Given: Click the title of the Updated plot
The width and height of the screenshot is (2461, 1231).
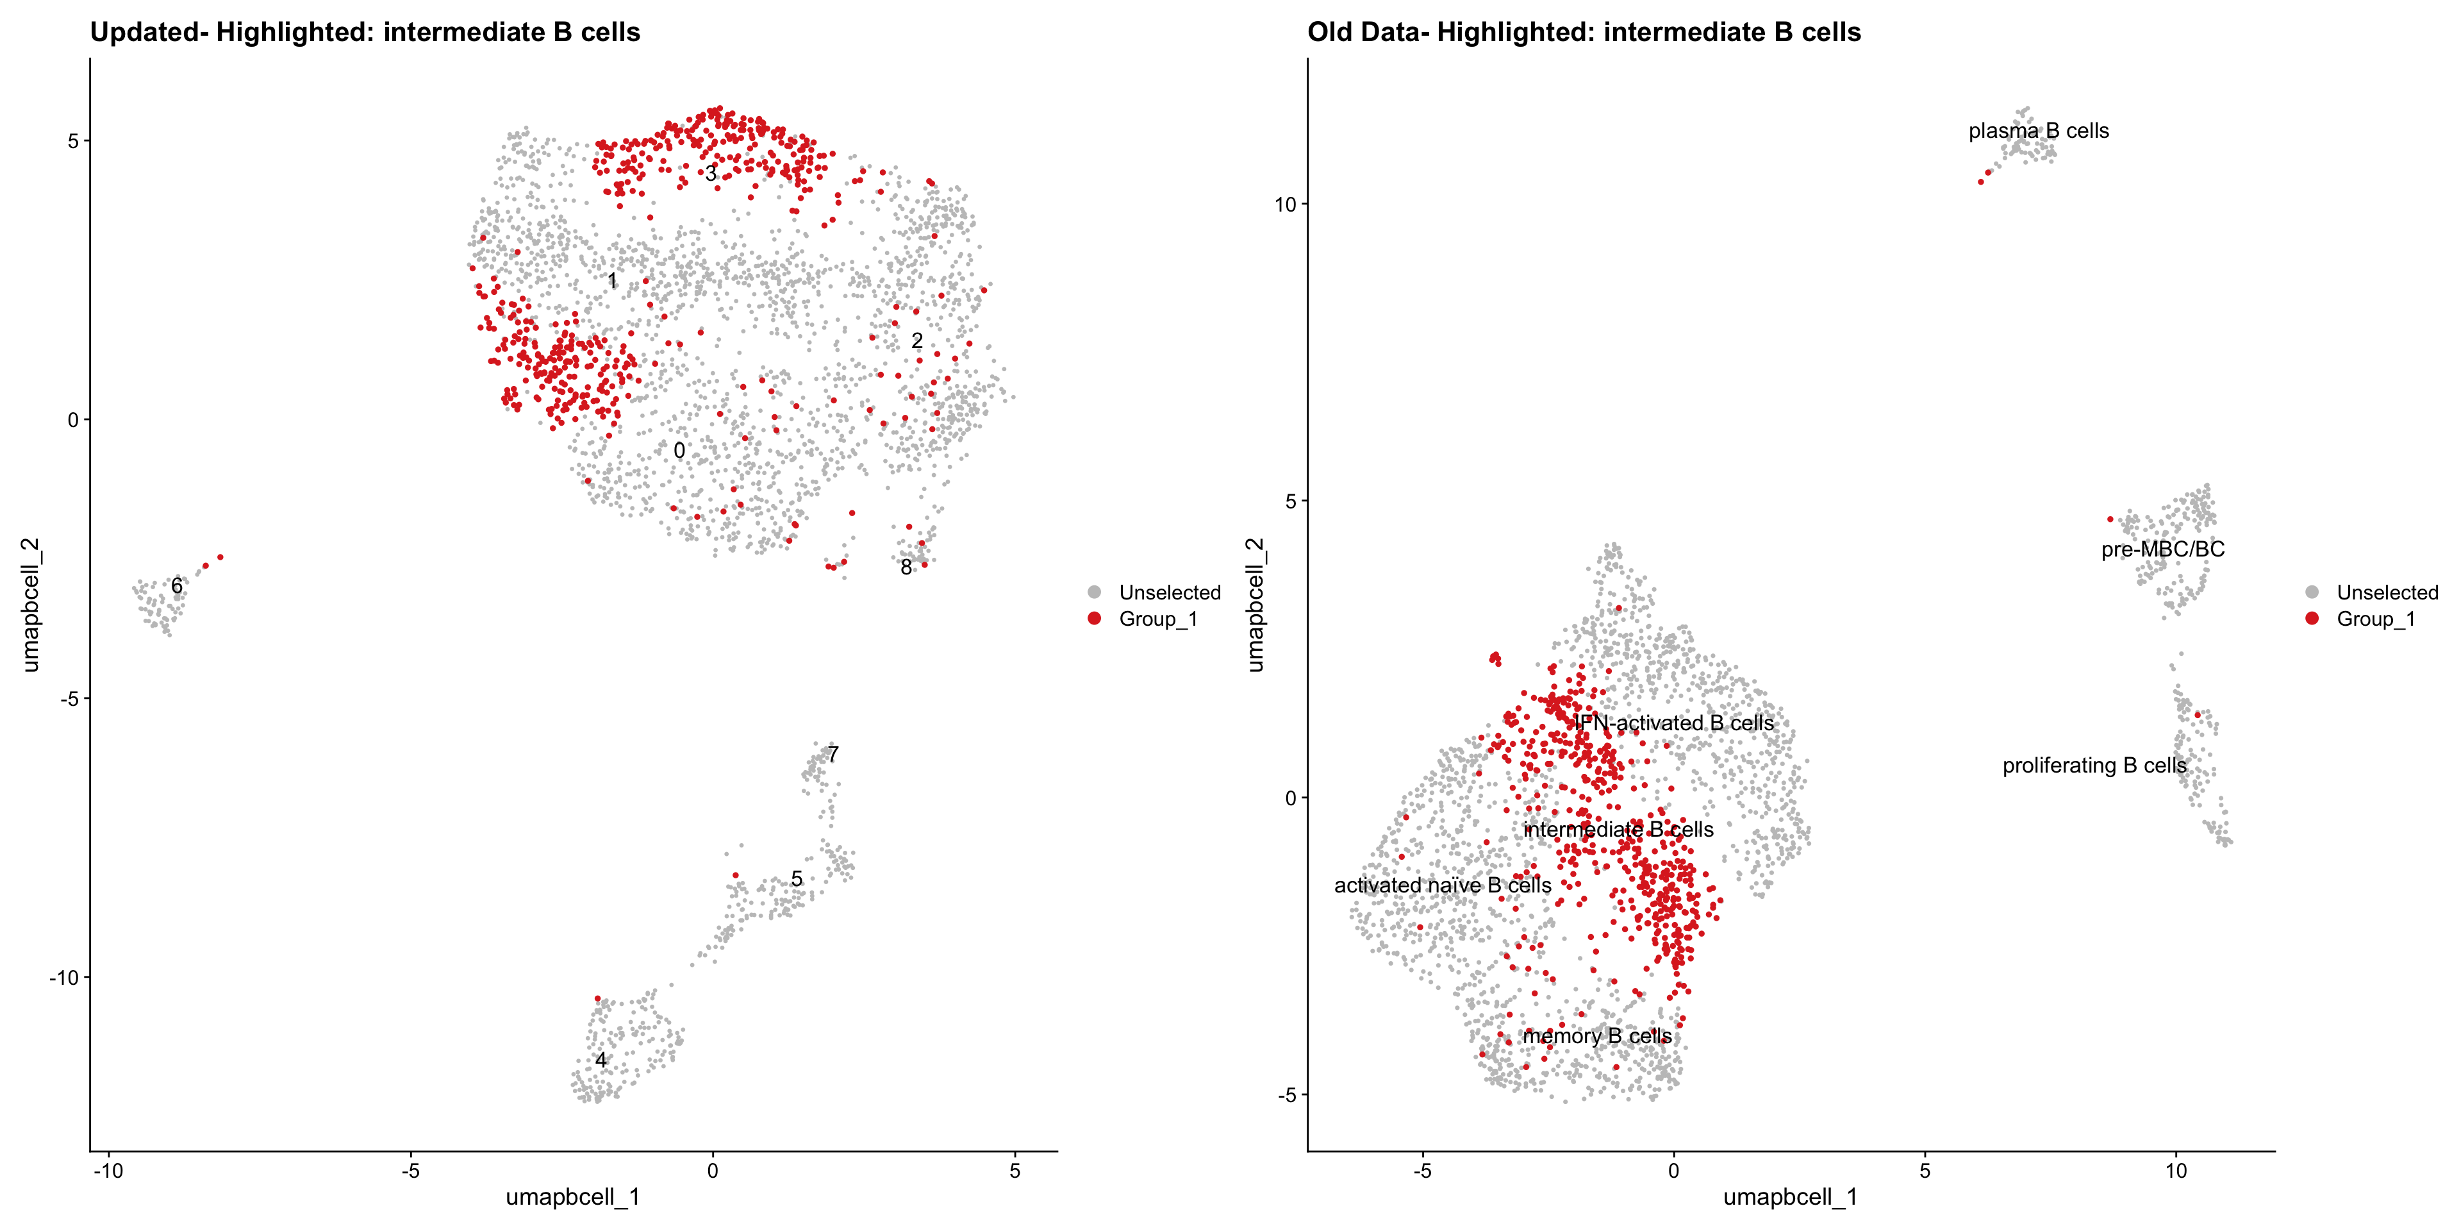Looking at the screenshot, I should point(365,33).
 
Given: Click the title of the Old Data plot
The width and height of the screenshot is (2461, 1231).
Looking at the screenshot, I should point(1584,33).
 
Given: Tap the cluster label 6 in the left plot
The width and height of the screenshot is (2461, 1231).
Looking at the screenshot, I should point(177,586).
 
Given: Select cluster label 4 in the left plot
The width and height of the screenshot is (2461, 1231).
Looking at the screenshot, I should point(601,1060).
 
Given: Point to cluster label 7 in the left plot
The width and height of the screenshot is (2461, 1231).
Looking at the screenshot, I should point(833,755).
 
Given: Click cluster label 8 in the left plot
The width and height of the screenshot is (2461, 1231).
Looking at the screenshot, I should point(906,567).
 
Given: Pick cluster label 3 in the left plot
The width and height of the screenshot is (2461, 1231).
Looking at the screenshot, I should point(711,174).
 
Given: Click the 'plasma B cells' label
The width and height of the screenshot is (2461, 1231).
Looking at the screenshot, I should point(2039,131).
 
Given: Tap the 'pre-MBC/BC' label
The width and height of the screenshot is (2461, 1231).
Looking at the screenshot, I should point(2163,549).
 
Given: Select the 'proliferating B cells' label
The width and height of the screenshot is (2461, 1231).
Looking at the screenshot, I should point(2094,766).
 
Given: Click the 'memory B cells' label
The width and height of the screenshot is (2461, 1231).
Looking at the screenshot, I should point(1597,1036).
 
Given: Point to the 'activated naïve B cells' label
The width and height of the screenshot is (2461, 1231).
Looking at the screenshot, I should point(1443,886).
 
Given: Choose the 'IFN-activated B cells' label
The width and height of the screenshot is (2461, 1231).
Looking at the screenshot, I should point(1674,723).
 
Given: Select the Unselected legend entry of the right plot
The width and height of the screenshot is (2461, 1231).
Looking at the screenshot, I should point(2387,592).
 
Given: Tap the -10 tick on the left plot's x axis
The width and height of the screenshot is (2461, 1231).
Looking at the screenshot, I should point(108,1171).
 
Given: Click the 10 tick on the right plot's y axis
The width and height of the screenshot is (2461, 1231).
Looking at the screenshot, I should point(1285,205).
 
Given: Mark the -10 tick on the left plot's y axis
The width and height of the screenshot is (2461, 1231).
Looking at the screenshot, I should point(65,978).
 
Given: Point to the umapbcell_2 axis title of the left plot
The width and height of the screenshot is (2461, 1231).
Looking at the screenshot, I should point(31,605).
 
